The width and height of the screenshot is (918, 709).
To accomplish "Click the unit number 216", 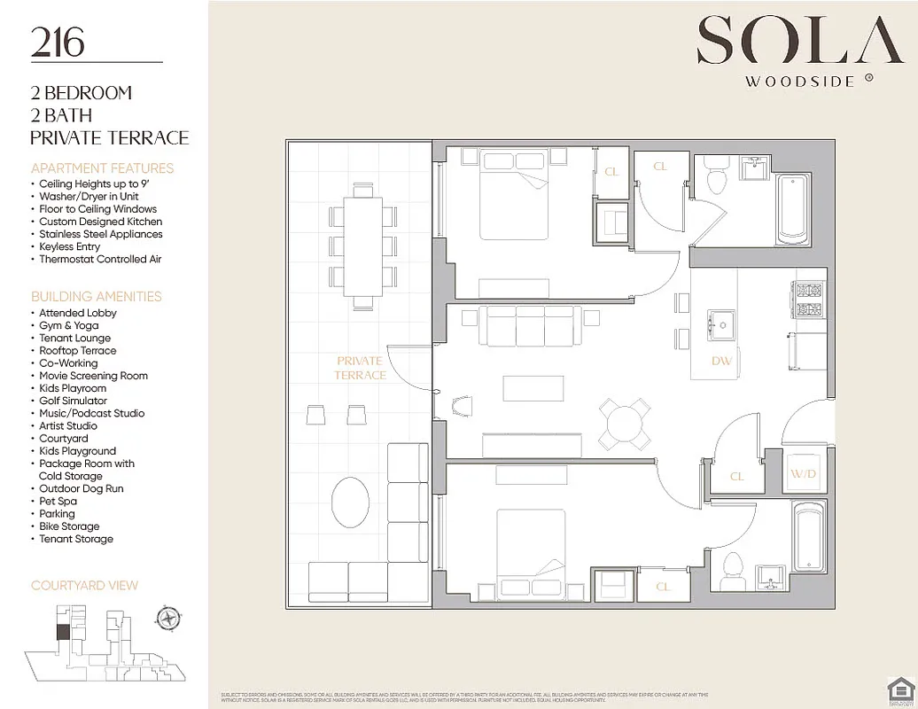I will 58,43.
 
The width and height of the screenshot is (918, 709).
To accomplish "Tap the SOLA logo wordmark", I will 788,43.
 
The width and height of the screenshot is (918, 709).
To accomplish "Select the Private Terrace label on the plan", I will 360,368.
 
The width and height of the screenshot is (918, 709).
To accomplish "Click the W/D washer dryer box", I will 803,474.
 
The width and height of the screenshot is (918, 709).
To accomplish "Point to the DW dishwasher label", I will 721,362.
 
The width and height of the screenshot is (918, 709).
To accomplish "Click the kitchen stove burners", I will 807,300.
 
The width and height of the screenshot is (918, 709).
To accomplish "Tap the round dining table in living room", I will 626,424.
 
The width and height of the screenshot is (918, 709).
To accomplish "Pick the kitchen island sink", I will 721,325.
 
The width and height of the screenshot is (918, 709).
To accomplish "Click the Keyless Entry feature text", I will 69,246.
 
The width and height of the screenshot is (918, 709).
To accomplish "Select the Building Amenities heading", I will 97,296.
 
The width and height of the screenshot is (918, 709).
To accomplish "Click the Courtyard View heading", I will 84,586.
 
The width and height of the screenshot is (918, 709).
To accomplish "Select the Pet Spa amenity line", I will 58,501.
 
